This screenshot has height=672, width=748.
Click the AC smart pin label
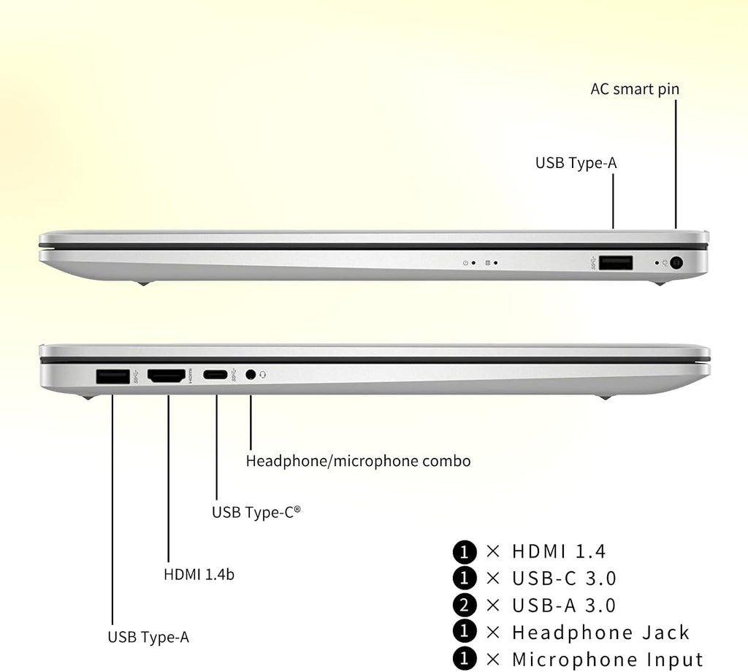tap(635, 89)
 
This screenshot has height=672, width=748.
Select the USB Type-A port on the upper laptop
tap(616, 263)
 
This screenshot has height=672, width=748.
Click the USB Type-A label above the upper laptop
tap(576, 163)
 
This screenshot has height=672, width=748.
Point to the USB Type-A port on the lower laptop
tap(112, 376)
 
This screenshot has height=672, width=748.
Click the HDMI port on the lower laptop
tap(167, 376)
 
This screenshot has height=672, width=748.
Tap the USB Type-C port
tap(215, 375)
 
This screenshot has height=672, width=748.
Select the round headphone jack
tap(251, 375)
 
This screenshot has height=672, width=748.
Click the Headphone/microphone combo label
tap(358, 461)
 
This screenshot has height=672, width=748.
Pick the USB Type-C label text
tap(256, 512)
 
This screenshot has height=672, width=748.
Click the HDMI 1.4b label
tap(199, 574)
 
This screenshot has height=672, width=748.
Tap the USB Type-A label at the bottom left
tap(148, 637)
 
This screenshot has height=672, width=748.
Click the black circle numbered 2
tap(465, 606)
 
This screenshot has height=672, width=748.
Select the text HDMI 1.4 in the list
tap(559, 551)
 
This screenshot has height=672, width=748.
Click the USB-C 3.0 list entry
tap(564, 579)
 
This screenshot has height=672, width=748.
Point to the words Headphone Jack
tap(600, 633)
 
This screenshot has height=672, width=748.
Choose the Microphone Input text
tap(607, 660)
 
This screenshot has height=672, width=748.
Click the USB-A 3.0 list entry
tap(563, 606)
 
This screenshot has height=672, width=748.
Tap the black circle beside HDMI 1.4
tap(465, 551)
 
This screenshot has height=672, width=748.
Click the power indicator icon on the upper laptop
tap(465, 263)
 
